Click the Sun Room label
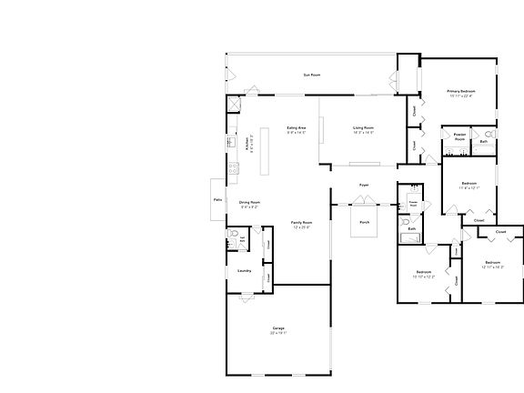pos(311,75)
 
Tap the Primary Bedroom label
pos(460,91)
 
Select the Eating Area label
pos(297,128)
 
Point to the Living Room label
pos(364,128)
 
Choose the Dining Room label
pos(249,202)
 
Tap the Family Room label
pos(301,222)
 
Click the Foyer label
pos(364,185)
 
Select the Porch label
pos(364,222)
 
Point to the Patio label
pos(217,198)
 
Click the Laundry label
pos(244,271)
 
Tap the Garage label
pos(278,327)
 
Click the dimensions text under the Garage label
pos(278,334)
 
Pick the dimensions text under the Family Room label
pos(301,228)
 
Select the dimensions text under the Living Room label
pos(364,134)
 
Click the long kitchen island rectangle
pos(265,150)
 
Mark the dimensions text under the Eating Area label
pos(297,134)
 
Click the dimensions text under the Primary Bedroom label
pos(460,97)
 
